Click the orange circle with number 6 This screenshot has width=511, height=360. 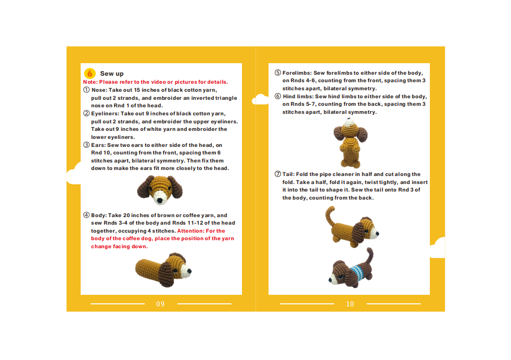[90, 73]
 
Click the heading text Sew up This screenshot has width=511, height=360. [112, 74]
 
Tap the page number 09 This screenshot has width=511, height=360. [160, 304]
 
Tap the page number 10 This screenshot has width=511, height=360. [350, 304]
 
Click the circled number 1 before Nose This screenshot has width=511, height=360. [86, 90]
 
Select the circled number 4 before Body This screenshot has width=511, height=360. [86, 215]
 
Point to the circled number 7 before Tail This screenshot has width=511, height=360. [278, 174]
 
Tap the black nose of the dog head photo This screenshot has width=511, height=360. [160, 200]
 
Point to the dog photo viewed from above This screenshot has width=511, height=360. [350, 143]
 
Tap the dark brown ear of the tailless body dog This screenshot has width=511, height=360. [167, 274]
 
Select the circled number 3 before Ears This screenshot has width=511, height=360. [86, 145]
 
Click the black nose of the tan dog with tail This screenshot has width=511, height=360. [378, 234]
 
